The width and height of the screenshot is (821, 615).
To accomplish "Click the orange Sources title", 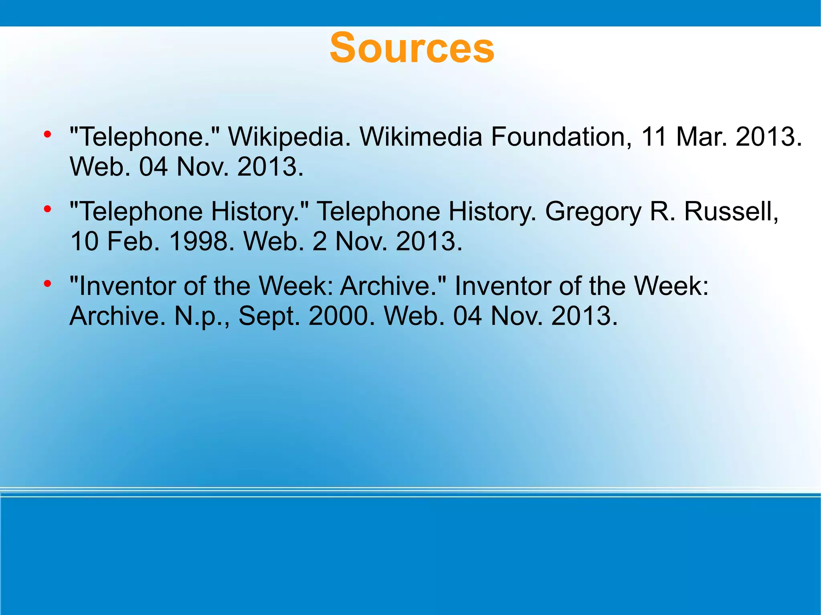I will point(412,48).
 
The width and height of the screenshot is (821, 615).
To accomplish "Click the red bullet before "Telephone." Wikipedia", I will point(47,134).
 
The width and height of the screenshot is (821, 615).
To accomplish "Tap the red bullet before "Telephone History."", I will point(47,209).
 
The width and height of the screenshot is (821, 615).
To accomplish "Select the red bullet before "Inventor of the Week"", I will point(47,284).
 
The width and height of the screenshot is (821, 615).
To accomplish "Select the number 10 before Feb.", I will point(84,241).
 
